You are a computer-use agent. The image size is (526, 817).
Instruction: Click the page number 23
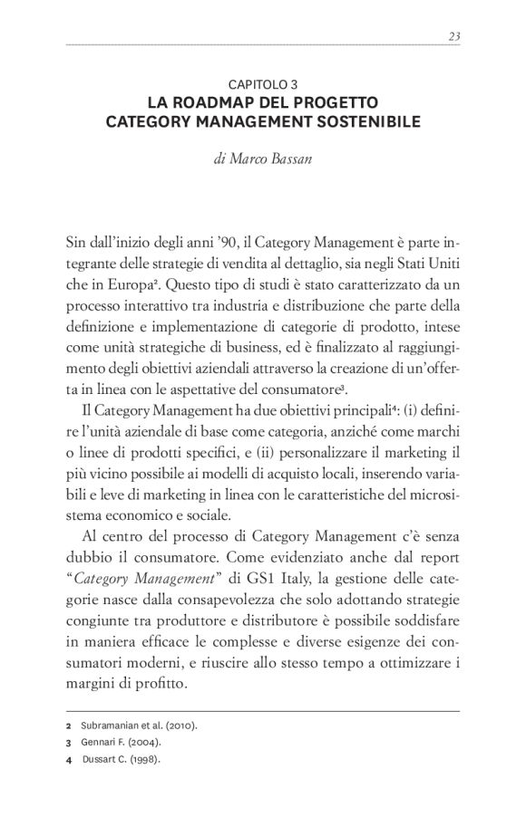(454, 35)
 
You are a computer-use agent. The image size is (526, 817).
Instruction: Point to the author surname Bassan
(289, 158)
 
